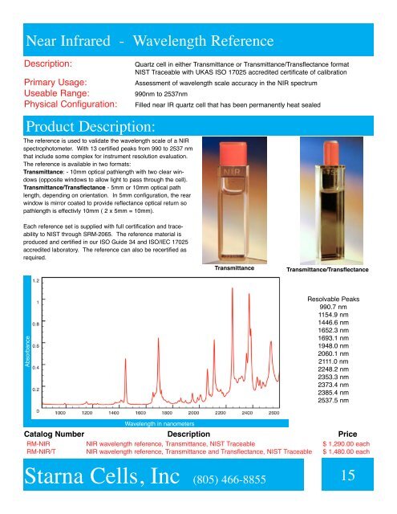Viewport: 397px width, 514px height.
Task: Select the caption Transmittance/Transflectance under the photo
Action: (x=327, y=270)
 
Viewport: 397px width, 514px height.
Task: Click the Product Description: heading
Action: (x=91, y=128)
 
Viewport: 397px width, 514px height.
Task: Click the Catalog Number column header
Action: (x=51, y=433)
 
